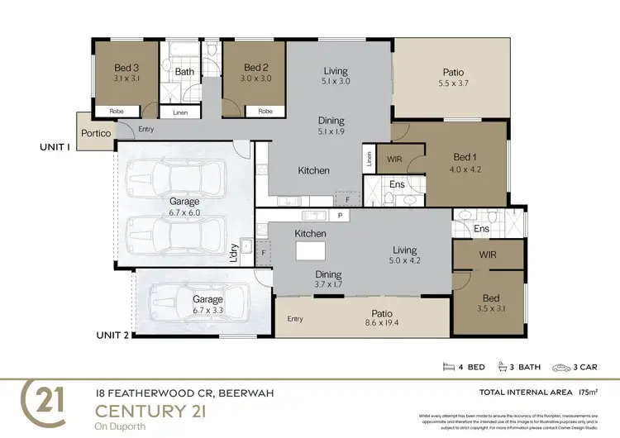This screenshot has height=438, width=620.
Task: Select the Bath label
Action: click(x=184, y=72)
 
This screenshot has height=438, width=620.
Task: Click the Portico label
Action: click(x=96, y=133)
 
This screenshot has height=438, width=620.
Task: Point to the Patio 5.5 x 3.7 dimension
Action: click(x=453, y=83)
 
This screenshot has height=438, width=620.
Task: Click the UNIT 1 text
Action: click(x=55, y=146)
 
